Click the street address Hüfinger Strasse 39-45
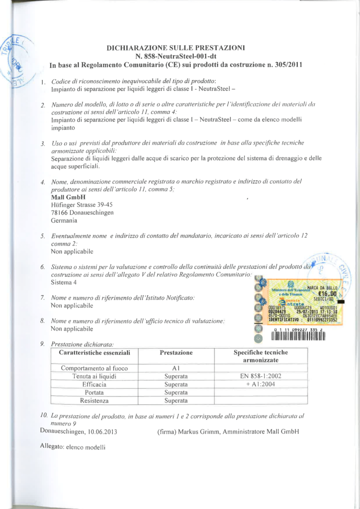[82, 205]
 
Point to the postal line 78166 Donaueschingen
[82, 212]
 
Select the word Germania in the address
[64, 220]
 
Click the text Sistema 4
[64, 282]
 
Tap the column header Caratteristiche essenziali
[94, 352]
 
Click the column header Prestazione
[176, 352]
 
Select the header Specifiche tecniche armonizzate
[261, 356]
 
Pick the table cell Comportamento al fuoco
[94, 368]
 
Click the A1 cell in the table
[176, 368]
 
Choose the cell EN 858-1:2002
[261, 376]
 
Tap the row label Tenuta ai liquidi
[94, 376]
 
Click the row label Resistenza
[94, 400]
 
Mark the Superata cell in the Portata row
[176, 392]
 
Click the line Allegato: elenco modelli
[73, 446]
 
